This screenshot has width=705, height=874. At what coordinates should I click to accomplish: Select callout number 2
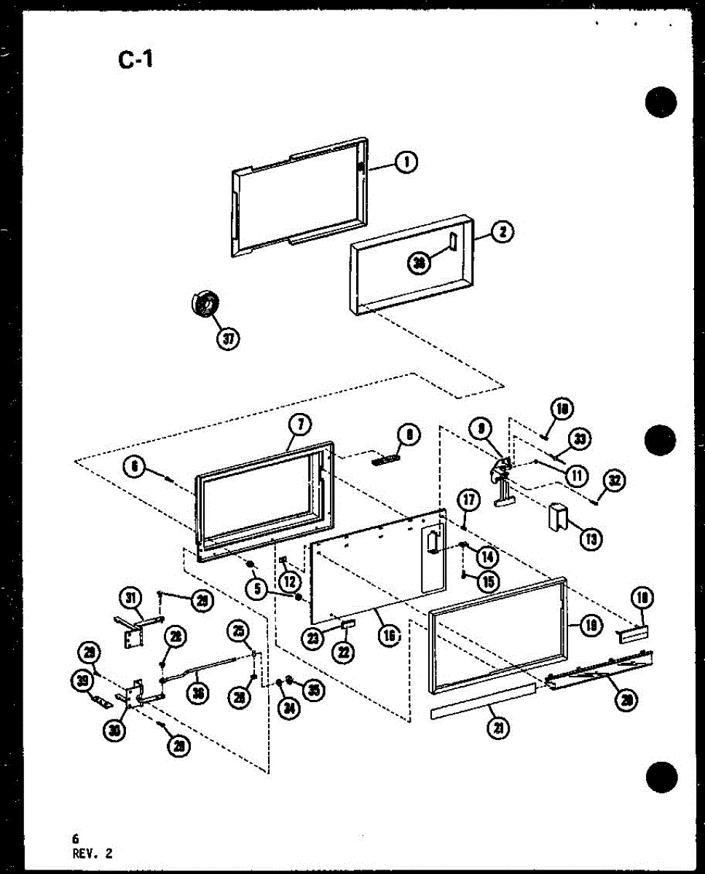point(502,233)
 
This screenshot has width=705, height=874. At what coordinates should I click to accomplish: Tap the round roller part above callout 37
point(205,303)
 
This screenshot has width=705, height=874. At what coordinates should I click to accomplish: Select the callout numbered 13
point(588,538)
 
